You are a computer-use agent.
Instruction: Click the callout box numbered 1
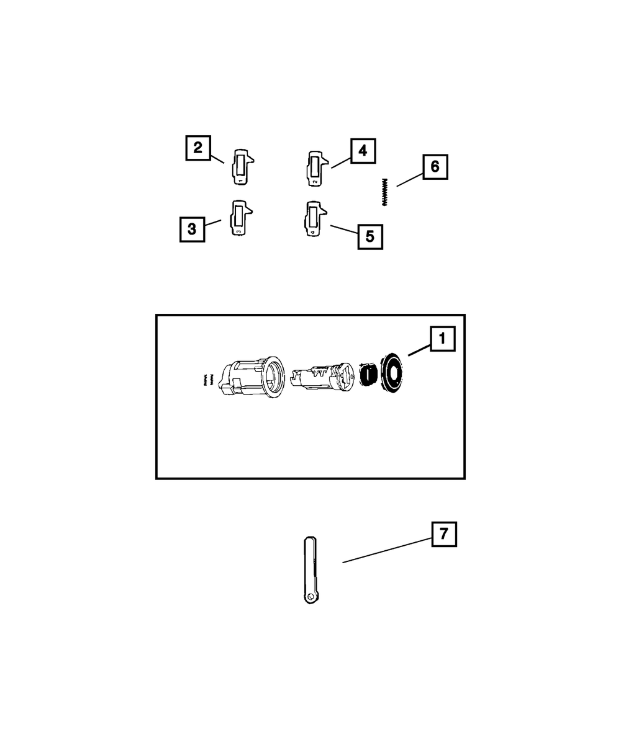pos(442,339)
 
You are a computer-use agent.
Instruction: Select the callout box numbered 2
pos(198,148)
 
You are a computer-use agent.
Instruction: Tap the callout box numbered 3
pos(192,229)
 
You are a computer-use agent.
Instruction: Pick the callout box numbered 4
pos(363,151)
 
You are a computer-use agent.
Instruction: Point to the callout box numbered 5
pos(369,236)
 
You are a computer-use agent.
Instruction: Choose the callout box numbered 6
pos(435,167)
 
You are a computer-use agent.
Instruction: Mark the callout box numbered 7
pos(444,534)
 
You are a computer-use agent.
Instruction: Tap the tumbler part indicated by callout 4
pos(315,168)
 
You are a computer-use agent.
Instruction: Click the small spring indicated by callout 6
pos(384,192)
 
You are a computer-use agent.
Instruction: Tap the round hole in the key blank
pos(310,597)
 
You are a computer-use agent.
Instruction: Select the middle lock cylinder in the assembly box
pos(320,377)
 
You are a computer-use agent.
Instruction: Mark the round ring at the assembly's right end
pos(392,373)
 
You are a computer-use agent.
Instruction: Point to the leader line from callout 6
pos(409,178)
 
